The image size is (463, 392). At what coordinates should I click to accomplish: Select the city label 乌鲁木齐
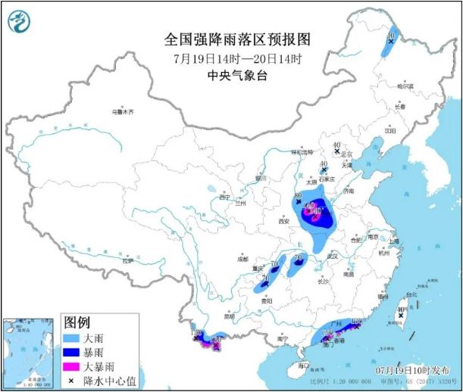[x=122, y=112]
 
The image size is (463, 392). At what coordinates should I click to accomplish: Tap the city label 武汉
[x=331, y=257]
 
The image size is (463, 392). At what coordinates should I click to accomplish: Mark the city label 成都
[x=242, y=259]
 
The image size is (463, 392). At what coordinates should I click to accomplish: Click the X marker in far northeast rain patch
[x=391, y=42]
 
